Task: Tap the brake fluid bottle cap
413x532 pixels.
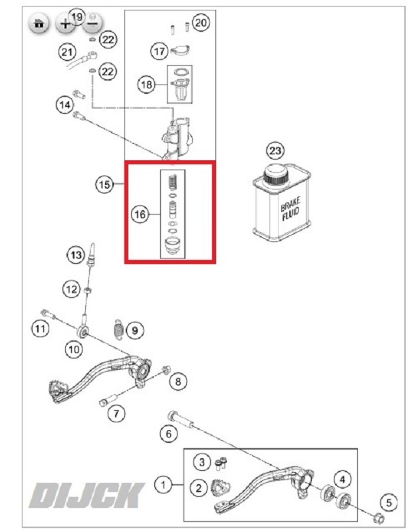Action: (275, 176)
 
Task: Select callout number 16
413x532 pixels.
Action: (139, 214)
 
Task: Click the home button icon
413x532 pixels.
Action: (39, 24)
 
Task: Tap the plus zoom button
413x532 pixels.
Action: (65, 24)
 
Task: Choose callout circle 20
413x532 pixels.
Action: (200, 23)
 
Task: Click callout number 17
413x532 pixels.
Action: (158, 51)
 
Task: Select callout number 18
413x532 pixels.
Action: (146, 84)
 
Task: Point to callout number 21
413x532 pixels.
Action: (67, 51)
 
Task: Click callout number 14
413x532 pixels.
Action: (64, 104)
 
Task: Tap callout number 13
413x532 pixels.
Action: (76, 254)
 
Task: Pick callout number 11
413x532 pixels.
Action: (41, 327)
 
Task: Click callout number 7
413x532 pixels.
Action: (116, 412)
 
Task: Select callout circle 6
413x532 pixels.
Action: (168, 434)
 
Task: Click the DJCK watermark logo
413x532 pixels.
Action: (87, 495)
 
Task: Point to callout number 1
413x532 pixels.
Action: (162, 485)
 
